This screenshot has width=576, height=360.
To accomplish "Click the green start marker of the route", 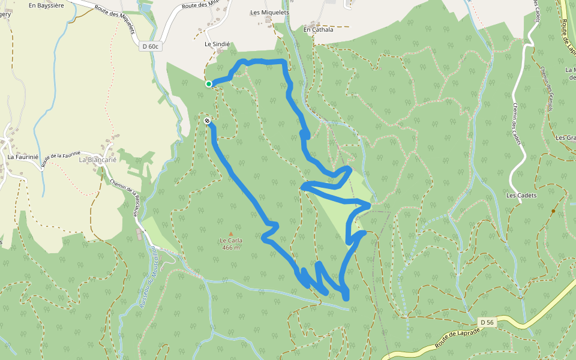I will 209,84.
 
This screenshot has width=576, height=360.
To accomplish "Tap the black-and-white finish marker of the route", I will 207,121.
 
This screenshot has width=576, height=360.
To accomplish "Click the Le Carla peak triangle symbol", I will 230,234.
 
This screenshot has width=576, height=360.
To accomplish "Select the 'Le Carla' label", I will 230,241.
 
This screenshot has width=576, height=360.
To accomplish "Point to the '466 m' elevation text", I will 230,248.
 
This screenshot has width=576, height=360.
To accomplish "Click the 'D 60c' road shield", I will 151,46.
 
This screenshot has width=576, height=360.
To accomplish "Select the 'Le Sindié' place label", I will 217,44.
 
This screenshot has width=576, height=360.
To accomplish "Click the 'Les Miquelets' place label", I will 269,12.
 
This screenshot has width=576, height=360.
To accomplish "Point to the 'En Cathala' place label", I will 317,29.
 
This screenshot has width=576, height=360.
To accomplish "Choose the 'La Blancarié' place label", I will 98,160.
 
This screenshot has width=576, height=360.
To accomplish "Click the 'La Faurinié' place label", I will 23,157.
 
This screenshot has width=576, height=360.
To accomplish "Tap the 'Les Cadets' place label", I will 521,196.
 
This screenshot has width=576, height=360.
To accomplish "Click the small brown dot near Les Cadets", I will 553,211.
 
